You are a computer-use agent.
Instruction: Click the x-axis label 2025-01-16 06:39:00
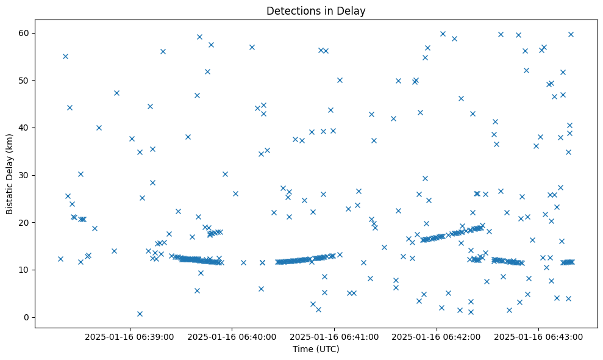point(129,336)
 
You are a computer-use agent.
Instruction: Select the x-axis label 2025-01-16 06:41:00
point(334,336)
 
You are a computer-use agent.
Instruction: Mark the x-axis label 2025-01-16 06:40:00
point(232,336)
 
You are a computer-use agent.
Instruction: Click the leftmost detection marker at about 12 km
point(60,259)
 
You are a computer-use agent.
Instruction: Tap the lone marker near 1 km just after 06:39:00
point(140,314)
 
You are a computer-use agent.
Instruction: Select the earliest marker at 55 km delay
point(65,56)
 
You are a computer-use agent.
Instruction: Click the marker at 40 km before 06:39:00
point(99,128)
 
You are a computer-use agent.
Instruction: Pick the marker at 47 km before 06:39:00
point(116,93)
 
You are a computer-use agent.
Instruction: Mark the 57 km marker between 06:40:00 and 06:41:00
point(252,47)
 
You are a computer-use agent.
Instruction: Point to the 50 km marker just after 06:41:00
point(340,80)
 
